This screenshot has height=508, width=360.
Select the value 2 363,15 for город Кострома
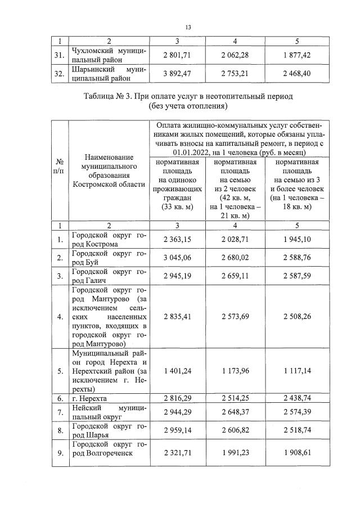[178, 240]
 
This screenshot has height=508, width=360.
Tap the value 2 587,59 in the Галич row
[297, 276]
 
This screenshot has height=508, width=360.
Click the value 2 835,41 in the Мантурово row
[178, 317]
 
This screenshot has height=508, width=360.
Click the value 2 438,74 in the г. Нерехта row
[297, 398]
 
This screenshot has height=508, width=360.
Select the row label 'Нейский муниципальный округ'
[109, 412]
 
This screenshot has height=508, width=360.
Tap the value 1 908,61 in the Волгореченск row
[297, 452]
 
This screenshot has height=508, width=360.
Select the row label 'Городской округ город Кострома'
[109, 240]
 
